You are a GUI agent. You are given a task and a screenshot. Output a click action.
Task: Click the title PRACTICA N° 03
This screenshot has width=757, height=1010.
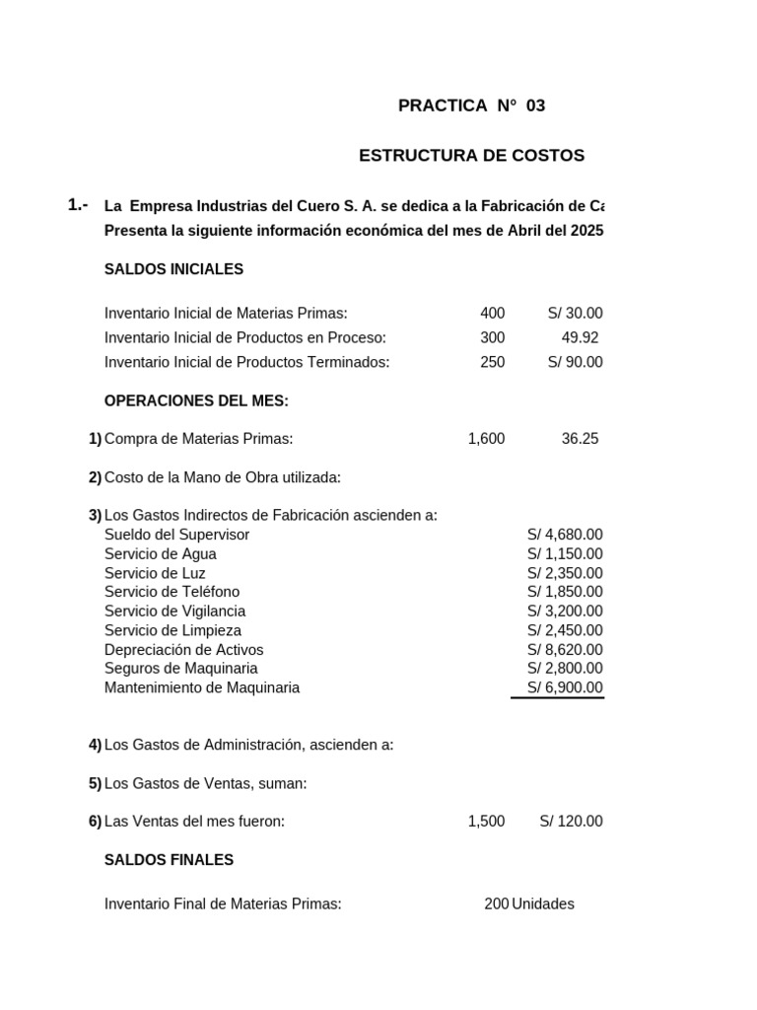pyautogui.click(x=471, y=106)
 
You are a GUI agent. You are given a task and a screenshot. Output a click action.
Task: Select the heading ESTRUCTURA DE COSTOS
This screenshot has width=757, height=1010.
pyautogui.click(x=471, y=156)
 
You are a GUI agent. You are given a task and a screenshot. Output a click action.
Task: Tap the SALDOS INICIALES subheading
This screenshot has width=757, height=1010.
pyautogui.click(x=173, y=269)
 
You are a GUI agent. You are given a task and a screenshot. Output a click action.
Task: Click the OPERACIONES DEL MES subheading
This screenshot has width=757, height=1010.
pyautogui.click(x=196, y=400)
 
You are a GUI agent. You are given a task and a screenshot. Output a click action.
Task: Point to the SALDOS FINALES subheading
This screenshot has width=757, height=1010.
pyautogui.click(x=169, y=860)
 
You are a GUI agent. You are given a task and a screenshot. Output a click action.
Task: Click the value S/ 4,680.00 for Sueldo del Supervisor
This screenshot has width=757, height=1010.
pyautogui.click(x=565, y=535)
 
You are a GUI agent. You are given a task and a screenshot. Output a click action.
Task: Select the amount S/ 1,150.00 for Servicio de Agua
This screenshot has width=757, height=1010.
pyautogui.click(x=565, y=554)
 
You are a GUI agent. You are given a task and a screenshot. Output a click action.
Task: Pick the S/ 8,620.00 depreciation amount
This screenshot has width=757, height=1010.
pyautogui.click(x=565, y=650)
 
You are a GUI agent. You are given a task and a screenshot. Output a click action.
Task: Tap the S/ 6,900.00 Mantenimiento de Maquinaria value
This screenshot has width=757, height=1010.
pyautogui.click(x=565, y=688)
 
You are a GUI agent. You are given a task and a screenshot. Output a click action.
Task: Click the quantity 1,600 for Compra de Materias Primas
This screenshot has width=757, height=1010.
pyautogui.click(x=486, y=439)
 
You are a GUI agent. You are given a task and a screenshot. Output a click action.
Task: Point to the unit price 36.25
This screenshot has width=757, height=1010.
pyautogui.click(x=580, y=439)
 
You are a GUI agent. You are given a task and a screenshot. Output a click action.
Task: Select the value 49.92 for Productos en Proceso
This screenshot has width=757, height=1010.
pyautogui.click(x=580, y=337)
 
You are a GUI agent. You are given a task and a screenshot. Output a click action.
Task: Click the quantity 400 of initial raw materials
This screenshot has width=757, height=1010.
pyautogui.click(x=492, y=314)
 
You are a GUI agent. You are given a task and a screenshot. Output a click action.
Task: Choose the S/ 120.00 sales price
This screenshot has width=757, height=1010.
pyautogui.click(x=571, y=822)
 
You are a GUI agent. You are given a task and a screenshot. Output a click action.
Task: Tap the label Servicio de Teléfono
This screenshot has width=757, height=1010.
pyautogui.click(x=172, y=592)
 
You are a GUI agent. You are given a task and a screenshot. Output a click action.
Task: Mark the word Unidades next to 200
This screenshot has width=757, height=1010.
pyautogui.click(x=543, y=904)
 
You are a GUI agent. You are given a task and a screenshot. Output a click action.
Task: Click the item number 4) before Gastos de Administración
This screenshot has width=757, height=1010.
pyautogui.click(x=95, y=745)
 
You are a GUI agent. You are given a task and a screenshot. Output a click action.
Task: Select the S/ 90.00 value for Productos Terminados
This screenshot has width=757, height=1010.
pyautogui.click(x=575, y=362)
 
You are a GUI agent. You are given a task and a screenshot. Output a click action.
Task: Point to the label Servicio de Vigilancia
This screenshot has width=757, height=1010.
pyautogui.click(x=174, y=612)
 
